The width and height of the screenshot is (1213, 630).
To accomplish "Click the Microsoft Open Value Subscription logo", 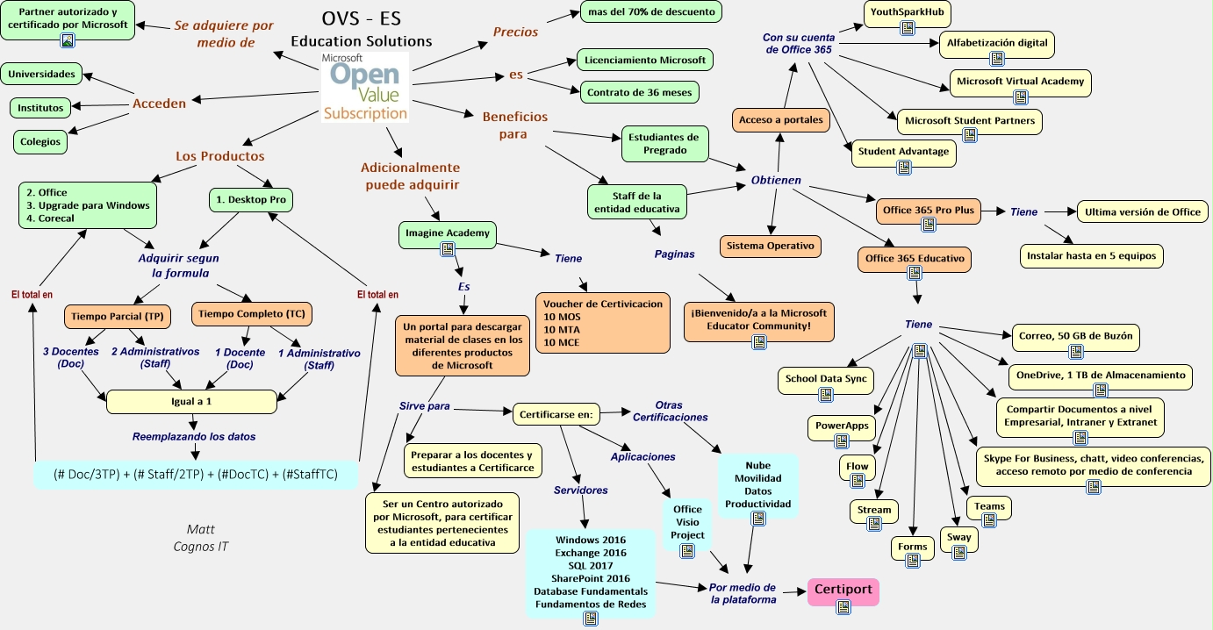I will (364, 85).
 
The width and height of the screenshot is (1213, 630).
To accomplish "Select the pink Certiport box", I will (843, 591).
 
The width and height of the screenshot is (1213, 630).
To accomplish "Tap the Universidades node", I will (42, 74).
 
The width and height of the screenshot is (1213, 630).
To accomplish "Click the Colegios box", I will (40, 141).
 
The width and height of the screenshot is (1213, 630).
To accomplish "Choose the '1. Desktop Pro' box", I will (251, 200).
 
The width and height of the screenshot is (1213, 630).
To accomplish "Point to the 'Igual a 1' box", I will (191, 401).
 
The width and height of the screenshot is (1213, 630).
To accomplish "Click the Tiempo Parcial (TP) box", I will (117, 315).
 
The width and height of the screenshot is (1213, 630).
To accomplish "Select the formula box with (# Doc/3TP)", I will (197, 474).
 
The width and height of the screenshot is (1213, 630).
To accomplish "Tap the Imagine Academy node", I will (448, 233).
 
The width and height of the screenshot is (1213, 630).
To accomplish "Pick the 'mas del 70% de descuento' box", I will (651, 11).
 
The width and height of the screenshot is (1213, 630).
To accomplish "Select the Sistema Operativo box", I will (770, 246).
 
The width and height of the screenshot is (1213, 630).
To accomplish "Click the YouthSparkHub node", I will (908, 12).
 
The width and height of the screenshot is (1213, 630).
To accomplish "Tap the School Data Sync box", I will (825, 379).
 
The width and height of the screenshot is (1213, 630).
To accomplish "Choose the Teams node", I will (989, 506).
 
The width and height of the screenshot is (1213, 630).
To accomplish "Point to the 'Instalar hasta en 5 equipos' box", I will (1092, 256).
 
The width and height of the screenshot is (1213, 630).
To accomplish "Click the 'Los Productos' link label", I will (219, 156).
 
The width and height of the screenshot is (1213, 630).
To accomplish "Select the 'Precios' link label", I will (515, 31).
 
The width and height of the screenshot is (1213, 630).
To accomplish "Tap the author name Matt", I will (200, 529).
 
